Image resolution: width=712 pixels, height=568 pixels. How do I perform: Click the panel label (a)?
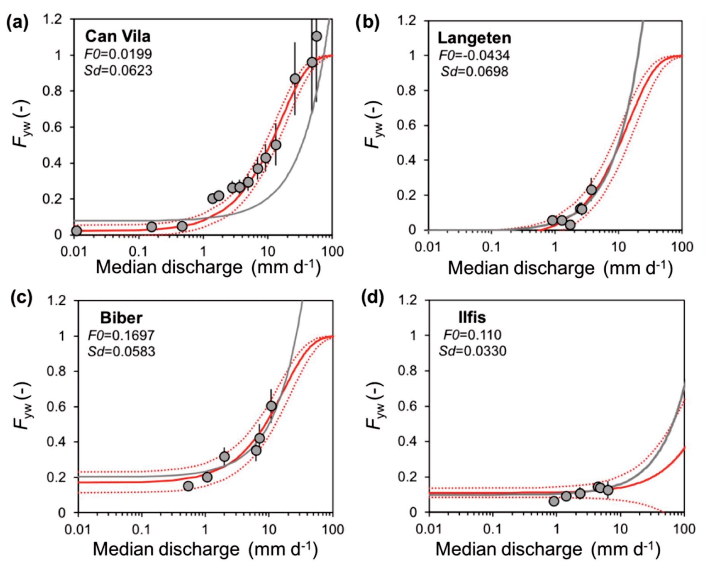(x=17, y=24)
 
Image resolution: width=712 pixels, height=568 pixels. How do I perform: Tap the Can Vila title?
(x=118, y=36)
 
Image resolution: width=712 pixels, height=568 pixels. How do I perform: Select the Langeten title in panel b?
(x=474, y=38)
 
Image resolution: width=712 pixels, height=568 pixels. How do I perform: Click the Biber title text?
(x=121, y=318)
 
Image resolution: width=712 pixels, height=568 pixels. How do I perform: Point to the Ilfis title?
(x=472, y=317)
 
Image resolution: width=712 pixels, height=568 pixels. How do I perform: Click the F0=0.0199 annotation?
(x=118, y=54)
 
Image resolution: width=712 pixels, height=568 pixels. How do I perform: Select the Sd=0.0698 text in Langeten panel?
(x=474, y=71)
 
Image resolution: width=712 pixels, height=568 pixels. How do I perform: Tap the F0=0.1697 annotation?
(x=121, y=335)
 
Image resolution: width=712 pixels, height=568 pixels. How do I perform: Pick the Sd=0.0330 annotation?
(x=473, y=351)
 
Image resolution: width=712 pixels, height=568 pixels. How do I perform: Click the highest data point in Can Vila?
(x=316, y=36)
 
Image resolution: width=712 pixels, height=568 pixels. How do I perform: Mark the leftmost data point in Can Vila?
(x=76, y=231)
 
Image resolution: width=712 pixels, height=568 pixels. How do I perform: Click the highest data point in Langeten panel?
(x=591, y=190)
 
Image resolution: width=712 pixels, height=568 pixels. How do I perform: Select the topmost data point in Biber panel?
(x=271, y=406)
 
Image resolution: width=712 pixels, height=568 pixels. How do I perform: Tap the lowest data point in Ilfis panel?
(x=554, y=501)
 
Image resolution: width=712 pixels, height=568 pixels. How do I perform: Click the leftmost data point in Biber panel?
(x=188, y=486)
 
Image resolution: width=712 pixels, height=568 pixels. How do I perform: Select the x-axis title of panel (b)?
(x=560, y=268)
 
